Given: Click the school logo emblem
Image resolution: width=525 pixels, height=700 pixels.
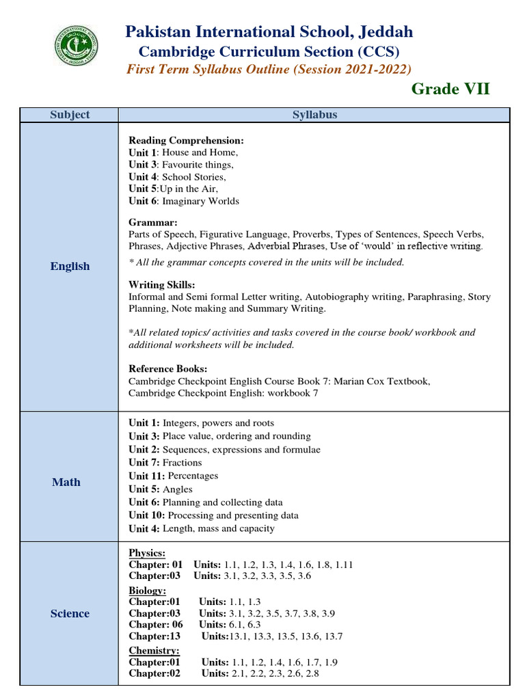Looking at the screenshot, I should tap(76, 46).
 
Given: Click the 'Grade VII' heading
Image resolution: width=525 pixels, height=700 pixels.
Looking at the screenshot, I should tap(450, 89).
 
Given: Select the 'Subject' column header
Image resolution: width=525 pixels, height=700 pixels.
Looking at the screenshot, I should tap(70, 115).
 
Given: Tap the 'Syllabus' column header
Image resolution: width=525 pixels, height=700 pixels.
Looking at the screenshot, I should tap(314, 115).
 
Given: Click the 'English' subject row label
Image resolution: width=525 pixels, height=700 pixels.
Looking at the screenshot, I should tap(70, 267).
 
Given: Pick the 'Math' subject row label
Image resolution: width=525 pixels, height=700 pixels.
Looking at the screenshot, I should tap(66, 483).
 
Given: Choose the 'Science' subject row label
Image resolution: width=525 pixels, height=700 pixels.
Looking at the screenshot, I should tap(70, 614).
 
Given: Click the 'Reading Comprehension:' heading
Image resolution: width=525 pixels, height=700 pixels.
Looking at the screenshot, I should tap(186, 140).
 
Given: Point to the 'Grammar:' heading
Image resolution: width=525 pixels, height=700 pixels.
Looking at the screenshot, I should tap(153, 222).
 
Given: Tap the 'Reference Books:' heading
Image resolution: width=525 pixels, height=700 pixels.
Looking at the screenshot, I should tap(167, 369).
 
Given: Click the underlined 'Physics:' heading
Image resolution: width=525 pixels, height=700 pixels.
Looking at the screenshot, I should tap(147, 552).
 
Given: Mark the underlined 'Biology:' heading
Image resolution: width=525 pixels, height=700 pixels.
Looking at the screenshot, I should tap(147, 590).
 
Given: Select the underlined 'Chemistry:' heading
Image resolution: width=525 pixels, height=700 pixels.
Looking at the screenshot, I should tap(154, 651).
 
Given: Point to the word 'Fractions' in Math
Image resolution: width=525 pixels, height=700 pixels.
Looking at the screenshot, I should tap(183, 463).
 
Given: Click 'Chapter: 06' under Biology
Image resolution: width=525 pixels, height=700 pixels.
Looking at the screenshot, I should tap(156, 625).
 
